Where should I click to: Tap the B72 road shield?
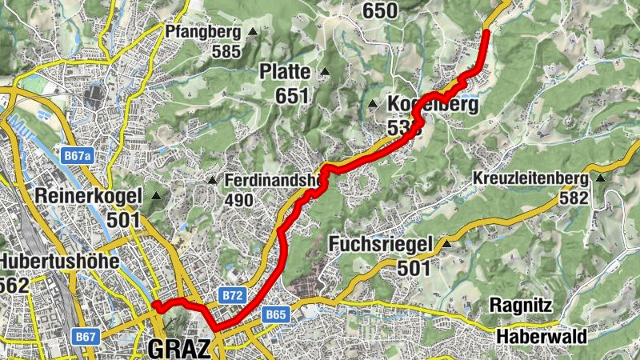point(232,295)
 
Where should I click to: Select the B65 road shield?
point(275,314)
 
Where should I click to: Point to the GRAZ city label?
point(179,349)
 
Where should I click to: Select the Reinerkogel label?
point(89,195)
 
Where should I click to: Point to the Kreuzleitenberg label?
point(530,178)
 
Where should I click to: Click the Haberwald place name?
point(540,336)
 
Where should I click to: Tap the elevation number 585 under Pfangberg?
point(226,50)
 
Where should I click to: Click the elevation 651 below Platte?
point(292,96)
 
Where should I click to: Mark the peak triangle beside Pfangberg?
point(253,32)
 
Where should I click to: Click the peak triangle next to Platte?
point(325,73)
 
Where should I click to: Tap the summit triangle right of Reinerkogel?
point(155,195)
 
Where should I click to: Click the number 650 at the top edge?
point(379,10)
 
